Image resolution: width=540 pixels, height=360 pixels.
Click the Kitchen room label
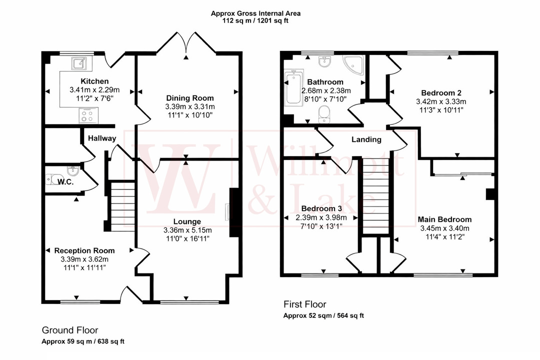point(94,81)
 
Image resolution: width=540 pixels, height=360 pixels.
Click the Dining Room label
point(189,98)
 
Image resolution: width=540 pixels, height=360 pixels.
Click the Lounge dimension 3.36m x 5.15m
point(187,230)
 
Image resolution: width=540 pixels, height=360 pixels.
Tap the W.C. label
point(65,182)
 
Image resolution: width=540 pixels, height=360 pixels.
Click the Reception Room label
point(84,250)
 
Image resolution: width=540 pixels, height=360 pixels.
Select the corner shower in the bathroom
point(354,65)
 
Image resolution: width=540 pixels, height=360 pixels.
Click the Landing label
point(366,140)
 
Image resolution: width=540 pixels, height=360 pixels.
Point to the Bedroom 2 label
point(441,92)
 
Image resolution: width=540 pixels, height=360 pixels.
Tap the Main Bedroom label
point(445,219)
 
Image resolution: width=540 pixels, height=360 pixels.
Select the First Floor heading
point(305,304)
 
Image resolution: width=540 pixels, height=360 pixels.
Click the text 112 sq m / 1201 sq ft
point(256,21)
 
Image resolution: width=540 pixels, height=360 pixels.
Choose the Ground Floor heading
point(69,330)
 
